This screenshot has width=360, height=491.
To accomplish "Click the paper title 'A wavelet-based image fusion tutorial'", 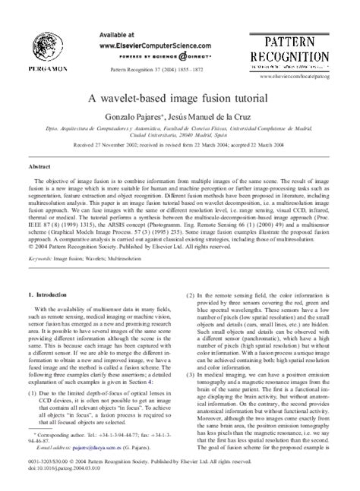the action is pyautogui.click(x=180, y=99).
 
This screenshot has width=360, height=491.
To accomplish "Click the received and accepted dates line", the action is pyautogui.click(x=180, y=148).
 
